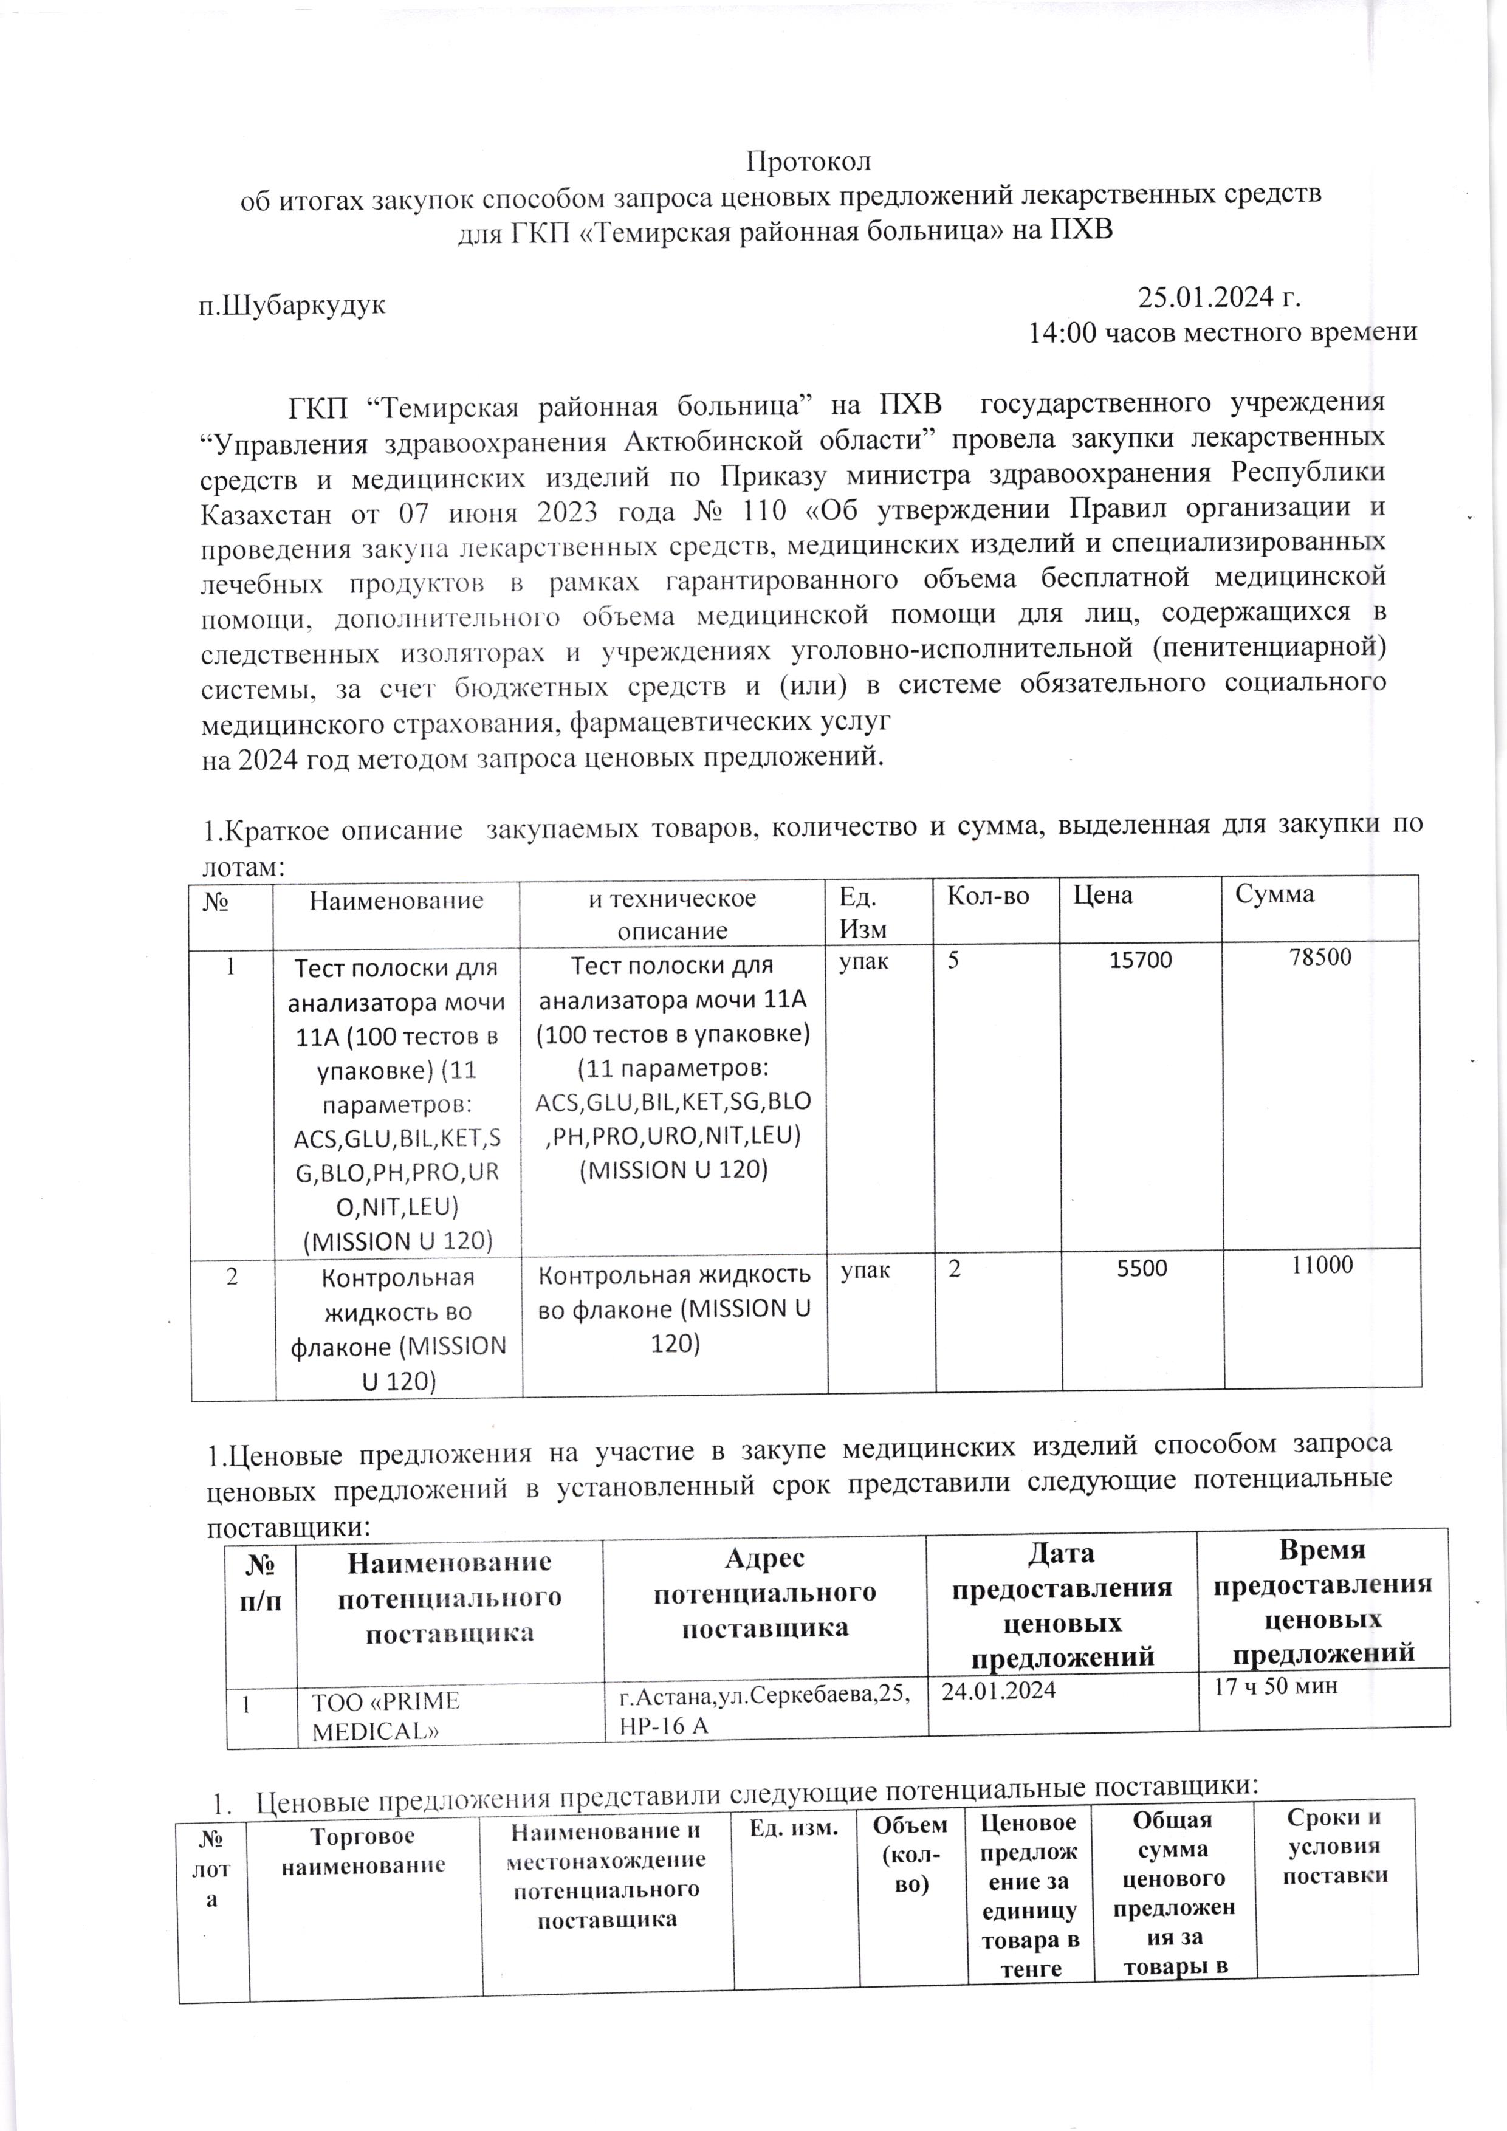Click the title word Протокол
808,162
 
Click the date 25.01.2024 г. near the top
1218,298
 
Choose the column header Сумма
1274,894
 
